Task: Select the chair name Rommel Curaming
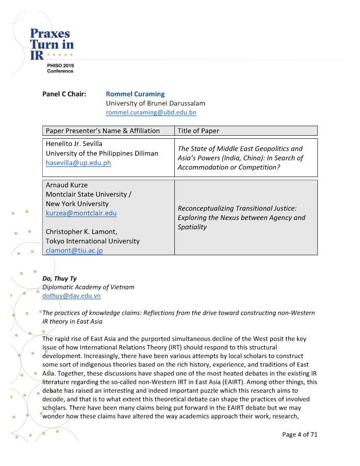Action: [135, 94]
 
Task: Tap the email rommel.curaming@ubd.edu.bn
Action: [151, 113]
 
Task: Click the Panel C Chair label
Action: [64, 94]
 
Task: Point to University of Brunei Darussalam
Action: [155, 103]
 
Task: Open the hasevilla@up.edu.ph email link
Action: [78, 163]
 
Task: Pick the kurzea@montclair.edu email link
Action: [81, 213]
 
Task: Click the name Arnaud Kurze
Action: [66, 185]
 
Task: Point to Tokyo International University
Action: [92, 241]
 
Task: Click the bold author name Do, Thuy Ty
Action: [59, 278]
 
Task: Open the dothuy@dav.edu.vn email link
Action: [71, 296]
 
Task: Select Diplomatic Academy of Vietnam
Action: [88, 287]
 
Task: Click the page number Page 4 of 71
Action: [300, 434]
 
